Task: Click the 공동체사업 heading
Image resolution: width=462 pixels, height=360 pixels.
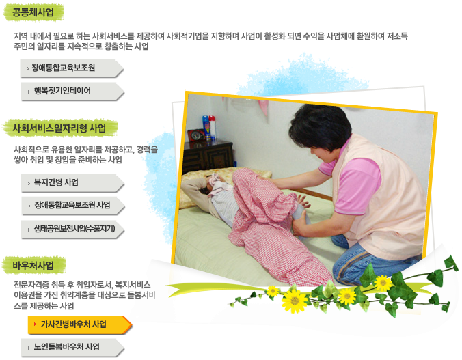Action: coord(33,12)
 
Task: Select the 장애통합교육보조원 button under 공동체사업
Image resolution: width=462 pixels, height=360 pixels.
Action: coord(72,68)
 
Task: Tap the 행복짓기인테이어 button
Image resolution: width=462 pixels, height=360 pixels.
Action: coord(72,91)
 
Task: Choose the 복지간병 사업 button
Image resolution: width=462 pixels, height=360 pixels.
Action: coord(72,183)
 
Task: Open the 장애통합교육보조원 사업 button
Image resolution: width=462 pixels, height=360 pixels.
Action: coord(73,206)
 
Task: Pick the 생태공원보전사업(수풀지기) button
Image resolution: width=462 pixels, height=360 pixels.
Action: coord(72,229)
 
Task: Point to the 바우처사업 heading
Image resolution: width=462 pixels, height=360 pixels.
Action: coord(33,266)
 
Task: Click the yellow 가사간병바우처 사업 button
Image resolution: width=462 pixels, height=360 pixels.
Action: coord(79,324)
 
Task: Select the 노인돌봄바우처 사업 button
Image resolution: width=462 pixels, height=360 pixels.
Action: coord(72,347)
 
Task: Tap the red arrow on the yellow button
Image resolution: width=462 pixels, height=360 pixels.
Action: coord(35,324)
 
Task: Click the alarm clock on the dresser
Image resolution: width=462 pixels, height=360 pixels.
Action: coord(196,135)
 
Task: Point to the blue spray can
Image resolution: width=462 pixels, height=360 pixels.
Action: coord(206,127)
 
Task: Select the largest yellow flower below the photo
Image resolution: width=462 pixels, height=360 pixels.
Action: coord(295,301)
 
